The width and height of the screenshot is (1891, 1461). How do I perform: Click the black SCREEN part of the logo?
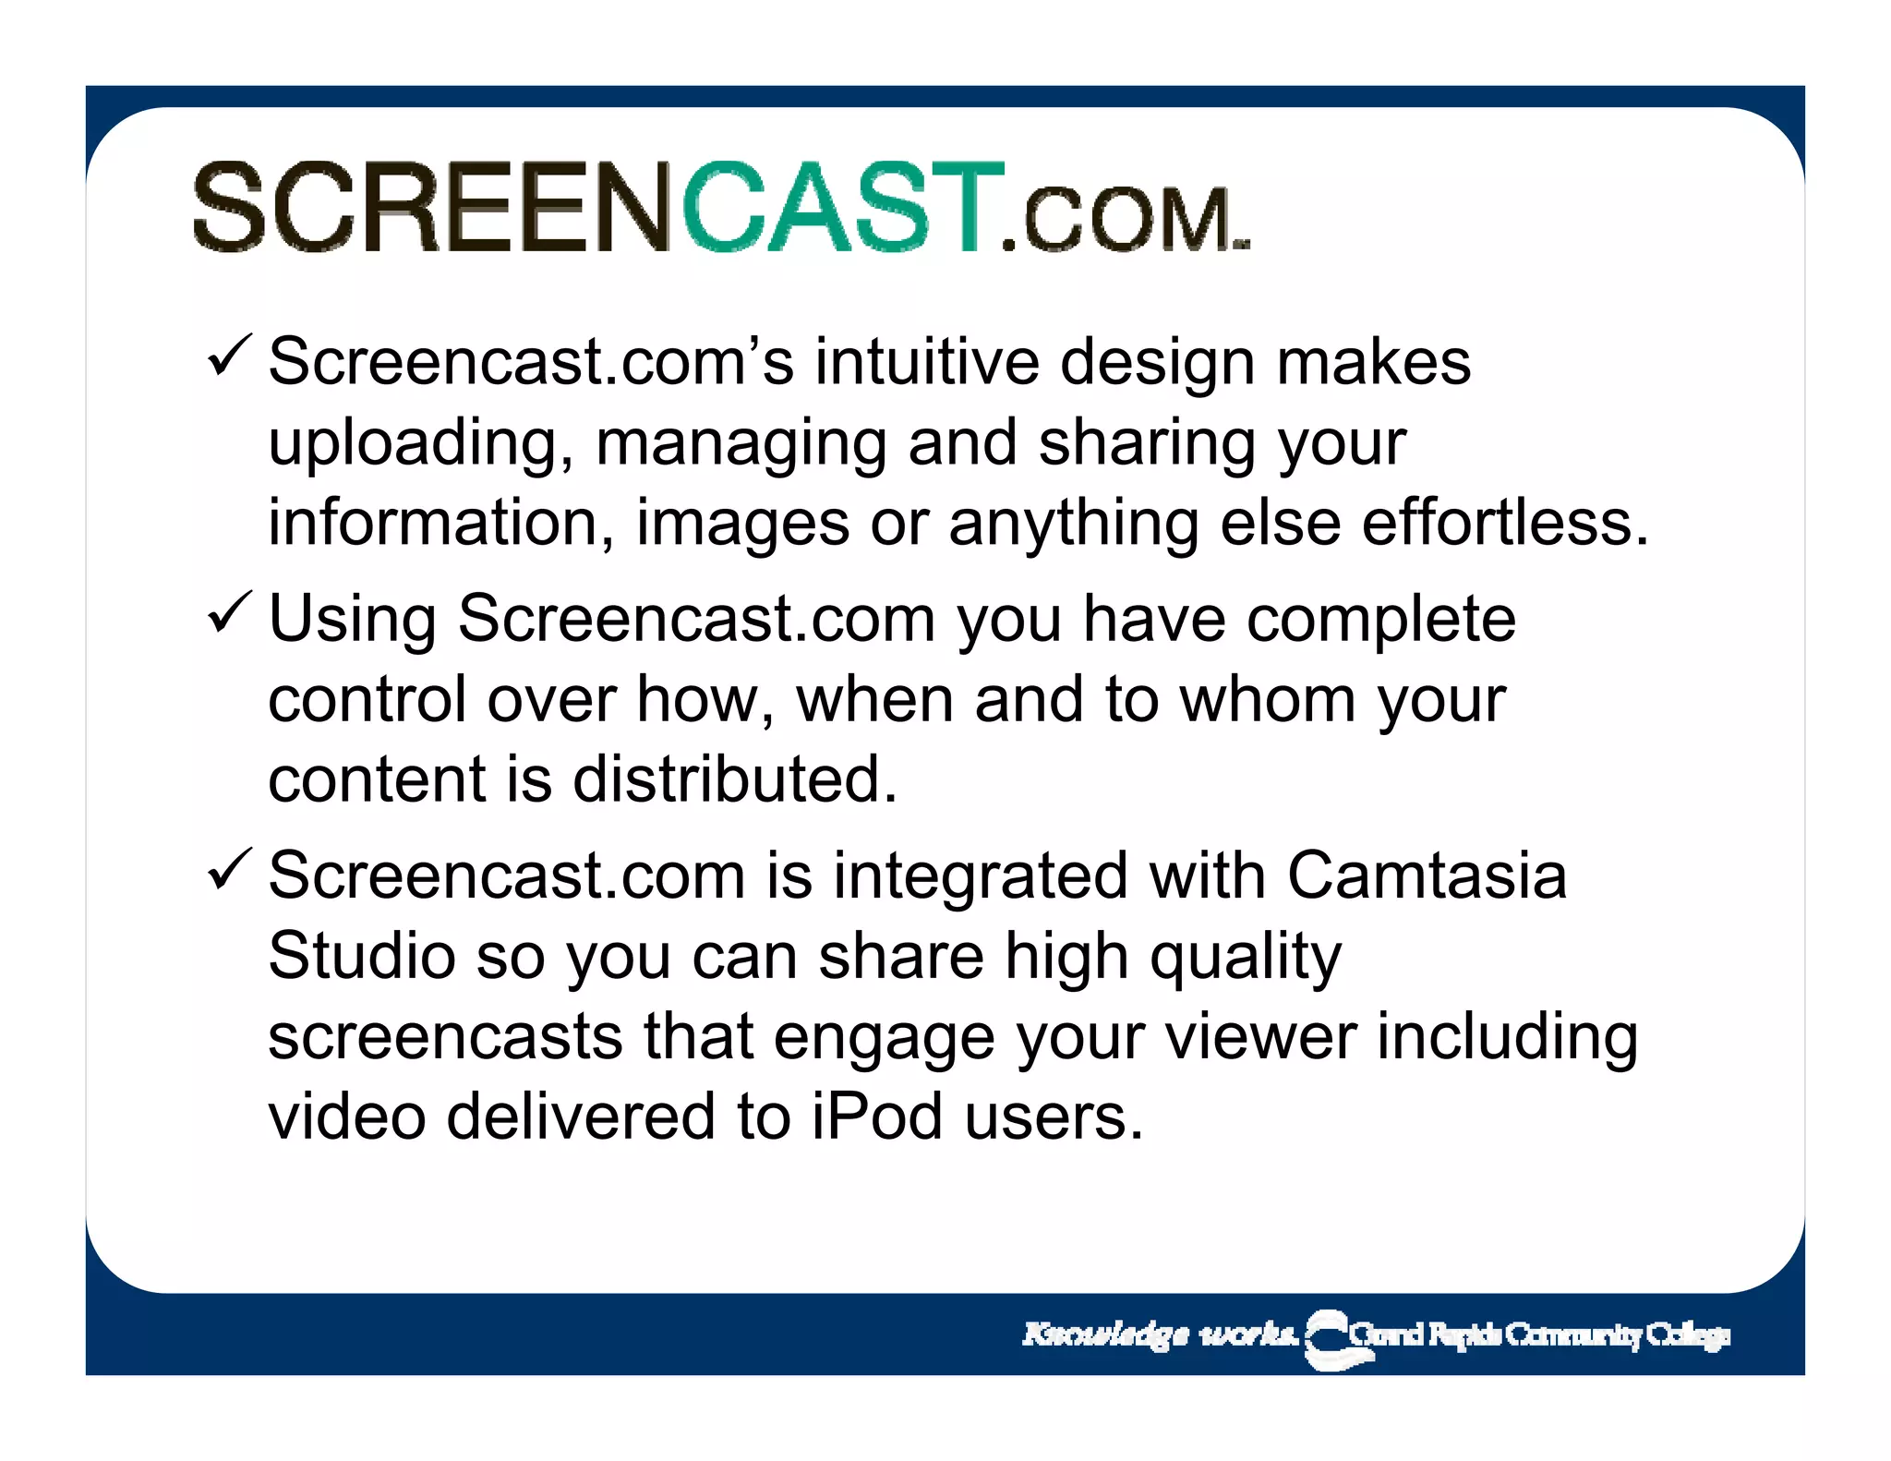coord(434,207)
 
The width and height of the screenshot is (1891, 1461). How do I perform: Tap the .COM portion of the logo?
coord(1122,220)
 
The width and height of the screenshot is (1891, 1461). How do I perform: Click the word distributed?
coord(734,779)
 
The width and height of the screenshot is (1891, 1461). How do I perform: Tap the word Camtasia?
coord(1426,875)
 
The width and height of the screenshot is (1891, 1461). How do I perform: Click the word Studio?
coord(361,955)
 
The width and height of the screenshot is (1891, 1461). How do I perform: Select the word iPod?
coord(877,1117)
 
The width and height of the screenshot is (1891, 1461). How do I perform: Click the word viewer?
coord(1261,1036)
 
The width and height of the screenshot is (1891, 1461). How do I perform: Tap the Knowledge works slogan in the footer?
coord(1159,1334)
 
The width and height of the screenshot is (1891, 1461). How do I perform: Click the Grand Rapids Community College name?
coord(1538,1335)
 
